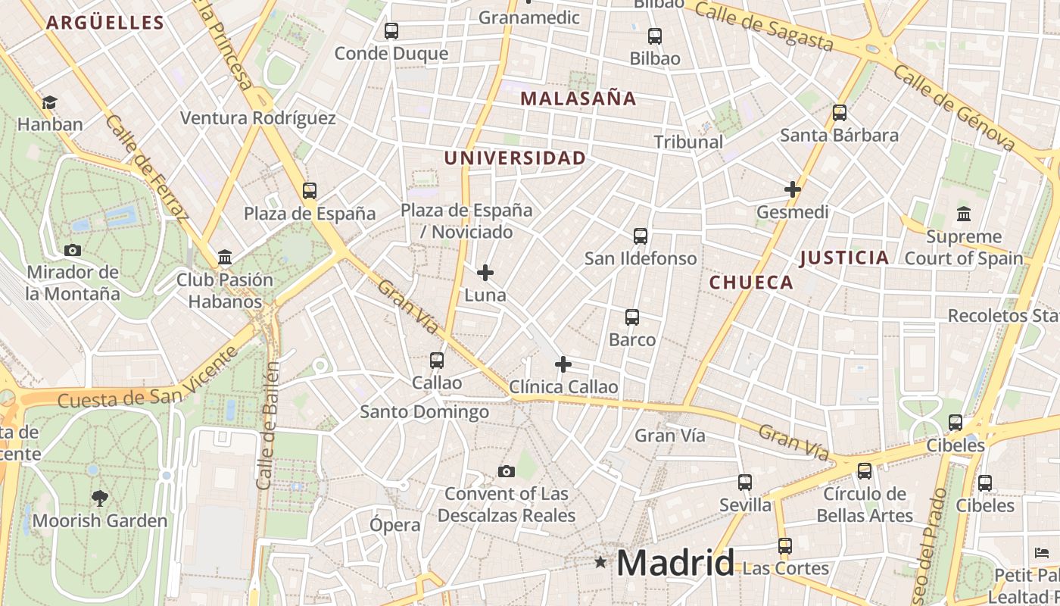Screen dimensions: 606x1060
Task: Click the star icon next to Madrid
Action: pos(600,562)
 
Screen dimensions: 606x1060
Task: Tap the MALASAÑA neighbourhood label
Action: pos(578,98)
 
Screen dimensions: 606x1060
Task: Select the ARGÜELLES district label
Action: pos(105,23)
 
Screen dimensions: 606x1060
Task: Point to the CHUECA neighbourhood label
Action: pos(751,283)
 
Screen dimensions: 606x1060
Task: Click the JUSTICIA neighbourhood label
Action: pos(844,258)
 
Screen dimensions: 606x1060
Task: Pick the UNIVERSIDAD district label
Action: pos(515,158)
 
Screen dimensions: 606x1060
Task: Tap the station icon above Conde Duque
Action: pos(391,31)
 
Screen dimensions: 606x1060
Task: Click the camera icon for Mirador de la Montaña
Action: pos(72,250)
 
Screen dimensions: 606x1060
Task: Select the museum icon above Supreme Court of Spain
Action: pos(964,214)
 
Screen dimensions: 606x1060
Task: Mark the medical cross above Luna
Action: pos(485,273)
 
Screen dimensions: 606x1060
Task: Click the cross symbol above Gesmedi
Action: pos(793,189)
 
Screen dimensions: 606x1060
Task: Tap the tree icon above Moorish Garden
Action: pos(99,498)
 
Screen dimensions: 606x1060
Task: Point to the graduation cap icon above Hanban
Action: pos(49,102)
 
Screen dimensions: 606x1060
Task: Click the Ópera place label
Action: pos(394,525)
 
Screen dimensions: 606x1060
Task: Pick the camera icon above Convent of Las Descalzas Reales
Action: pos(507,472)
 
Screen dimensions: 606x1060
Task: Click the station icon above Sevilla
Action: pos(745,483)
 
